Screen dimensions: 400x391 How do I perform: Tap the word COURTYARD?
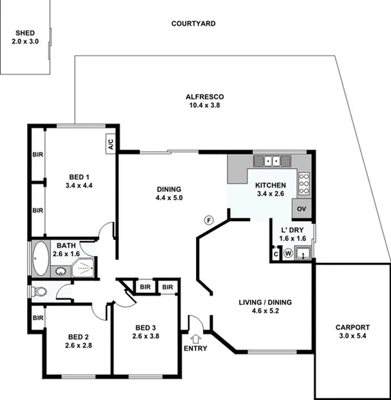tap(193, 23)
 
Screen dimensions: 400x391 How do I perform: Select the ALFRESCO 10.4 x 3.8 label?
tap(204, 101)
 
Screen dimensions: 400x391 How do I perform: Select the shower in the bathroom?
tap(82, 268)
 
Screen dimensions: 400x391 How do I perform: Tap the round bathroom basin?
tap(61, 271)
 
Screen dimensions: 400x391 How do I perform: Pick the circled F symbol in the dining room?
tap(209, 220)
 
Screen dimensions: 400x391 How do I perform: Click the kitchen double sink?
tap(272, 162)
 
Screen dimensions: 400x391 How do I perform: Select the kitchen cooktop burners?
tap(304, 183)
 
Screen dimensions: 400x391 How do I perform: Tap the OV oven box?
tap(301, 208)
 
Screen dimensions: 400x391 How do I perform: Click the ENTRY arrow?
tap(196, 337)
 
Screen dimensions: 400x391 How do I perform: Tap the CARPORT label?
tap(353, 330)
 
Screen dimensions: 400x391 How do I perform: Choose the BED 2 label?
tap(78, 339)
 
